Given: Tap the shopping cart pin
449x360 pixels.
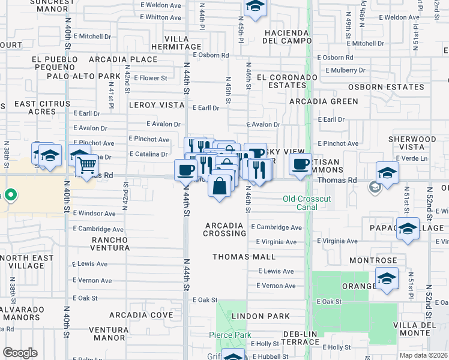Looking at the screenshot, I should pyautogui.click(x=88, y=163).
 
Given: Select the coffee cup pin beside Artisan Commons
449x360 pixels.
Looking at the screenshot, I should pyautogui.click(x=300, y=164).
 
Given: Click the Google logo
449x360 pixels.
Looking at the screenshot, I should pyautogui.click(x=20, y=353).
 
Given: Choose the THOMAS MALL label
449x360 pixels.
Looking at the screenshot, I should pyautogui.click(x=244, y=257).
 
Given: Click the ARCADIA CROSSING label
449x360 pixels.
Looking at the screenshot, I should pyautogui.click(x=225, y=229).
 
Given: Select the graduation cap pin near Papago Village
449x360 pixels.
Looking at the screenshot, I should pyautogui.click(x=408, y=229).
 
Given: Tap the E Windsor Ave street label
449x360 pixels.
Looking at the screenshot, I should pyautogui.click(x=94, y=214).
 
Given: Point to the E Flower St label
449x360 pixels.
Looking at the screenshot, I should pyautogui.click(x=150, y=78).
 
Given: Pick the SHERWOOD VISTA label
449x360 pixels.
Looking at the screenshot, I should pyautogui.click(x=412, y=143).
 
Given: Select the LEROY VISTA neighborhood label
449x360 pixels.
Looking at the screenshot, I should pyautogui.click(x=156, y=104).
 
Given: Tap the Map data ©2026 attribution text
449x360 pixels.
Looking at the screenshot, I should pyautogui.click(x=424, y=355).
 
